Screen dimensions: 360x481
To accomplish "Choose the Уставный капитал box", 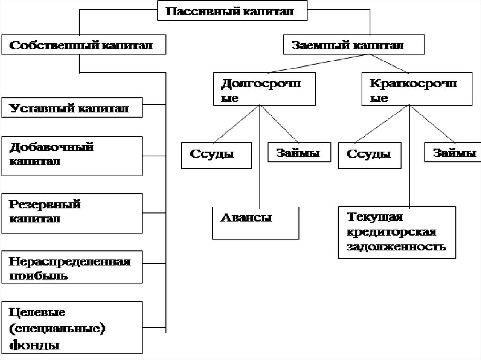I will click(71, 108).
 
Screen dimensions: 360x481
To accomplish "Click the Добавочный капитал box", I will click(71, 155).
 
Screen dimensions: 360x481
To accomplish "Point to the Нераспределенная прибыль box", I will click(71, 268).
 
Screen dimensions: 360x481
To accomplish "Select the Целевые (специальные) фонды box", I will click(71, 327).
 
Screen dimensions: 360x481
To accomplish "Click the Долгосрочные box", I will click(263, 89).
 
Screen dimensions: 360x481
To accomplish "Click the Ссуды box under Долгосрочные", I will click(215, 154).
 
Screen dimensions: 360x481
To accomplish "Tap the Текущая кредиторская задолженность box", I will click(396, 233).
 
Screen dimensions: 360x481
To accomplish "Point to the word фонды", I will click(35, 345).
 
